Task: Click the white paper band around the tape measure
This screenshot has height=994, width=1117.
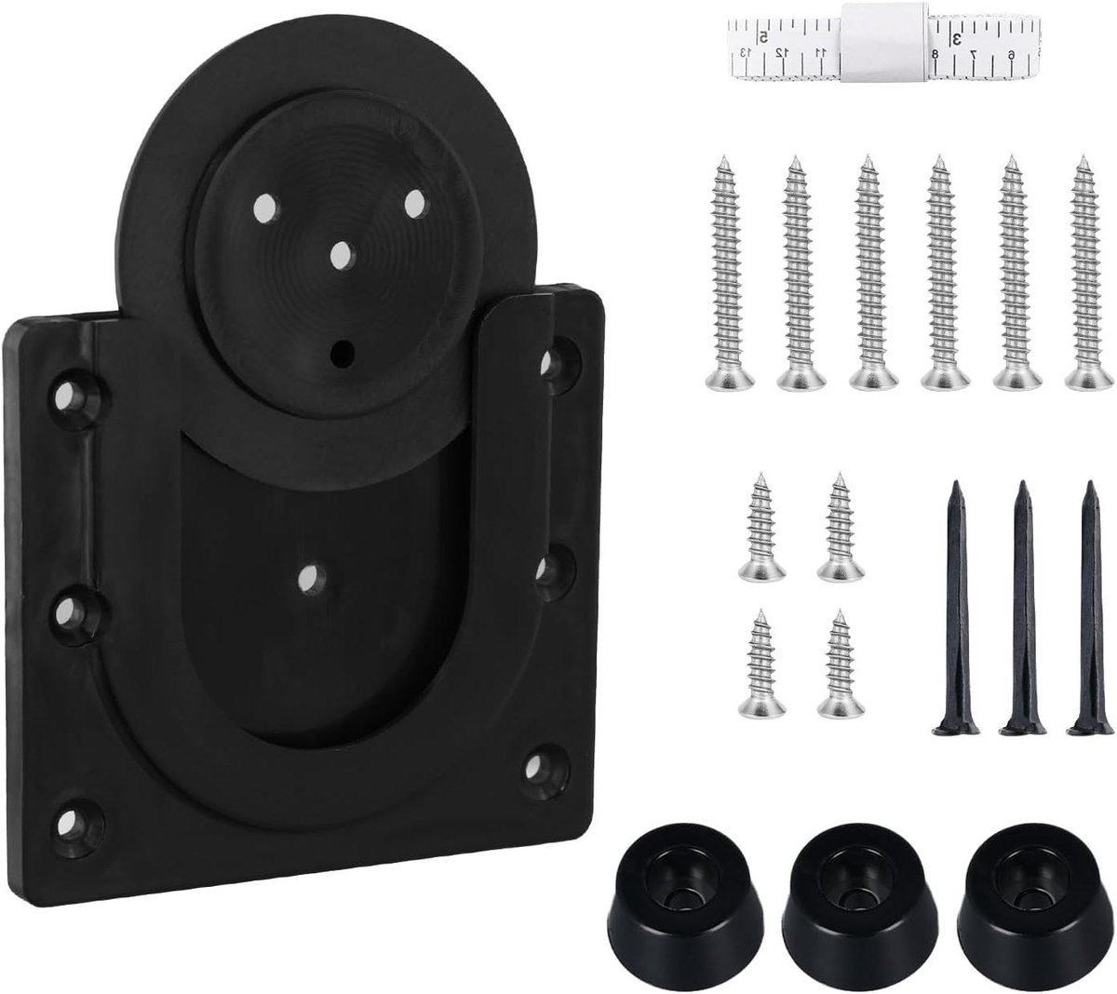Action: pos(883,39)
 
